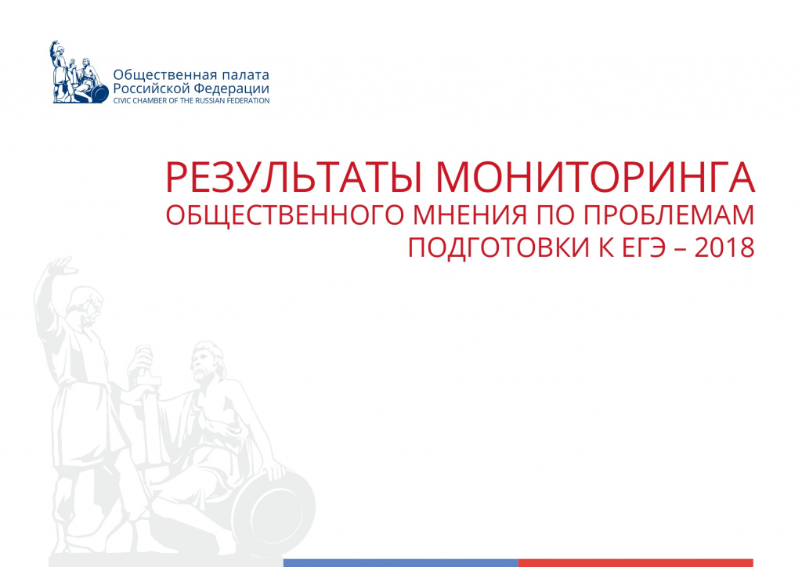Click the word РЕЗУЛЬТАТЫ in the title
click(294, 177)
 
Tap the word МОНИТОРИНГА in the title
click(595, 177)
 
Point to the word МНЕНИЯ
click(470, 215)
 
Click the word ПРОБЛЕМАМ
click(669, 215)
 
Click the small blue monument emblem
click(79, 72)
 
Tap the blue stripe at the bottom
click(400, 563)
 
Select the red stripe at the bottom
click(636, 563)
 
